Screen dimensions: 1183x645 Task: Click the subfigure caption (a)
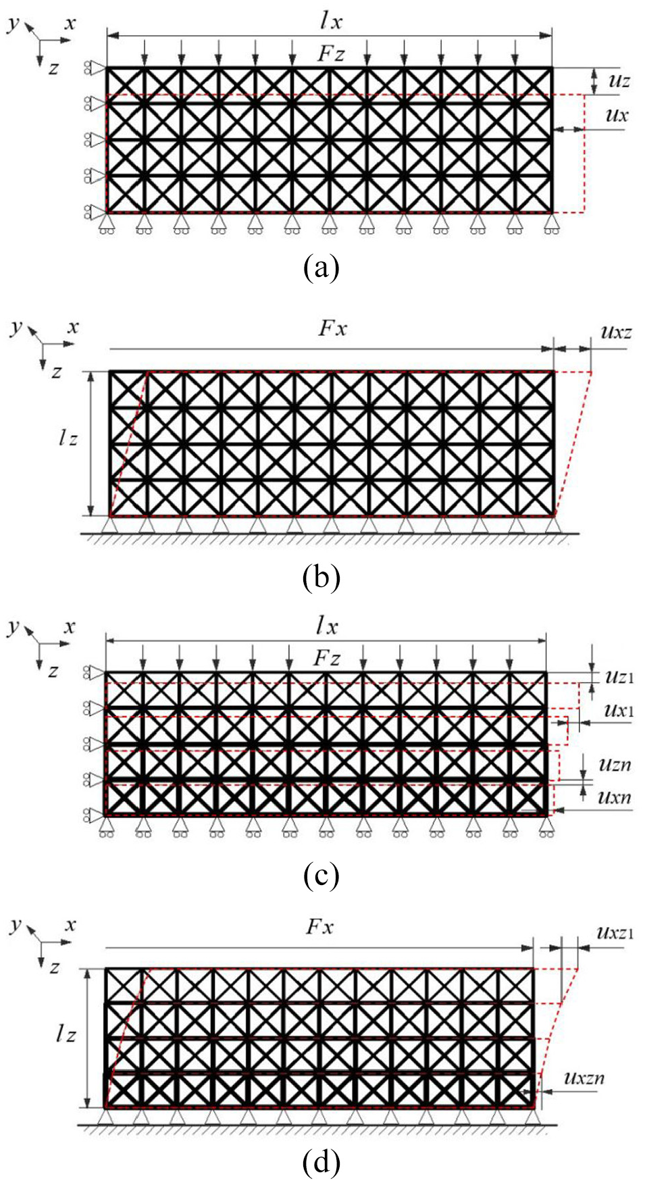point(321,268)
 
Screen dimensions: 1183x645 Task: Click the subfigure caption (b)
point(321,578)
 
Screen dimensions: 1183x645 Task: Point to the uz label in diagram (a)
point(619,81)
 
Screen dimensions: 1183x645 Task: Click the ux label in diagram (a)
point(616,115)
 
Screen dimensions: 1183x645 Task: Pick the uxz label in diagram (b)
point(616,332)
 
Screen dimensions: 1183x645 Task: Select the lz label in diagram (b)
point(68,438)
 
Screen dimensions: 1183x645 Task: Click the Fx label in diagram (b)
point(332,329)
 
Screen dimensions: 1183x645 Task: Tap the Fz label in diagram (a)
point(330,54)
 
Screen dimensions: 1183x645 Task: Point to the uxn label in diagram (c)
point(615,797)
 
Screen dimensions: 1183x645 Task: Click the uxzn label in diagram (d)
point(584,1078)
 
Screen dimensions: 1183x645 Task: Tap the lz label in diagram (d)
point(66,1034)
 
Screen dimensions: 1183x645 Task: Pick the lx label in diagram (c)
point(327,626)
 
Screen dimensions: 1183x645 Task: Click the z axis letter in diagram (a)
point(53,68)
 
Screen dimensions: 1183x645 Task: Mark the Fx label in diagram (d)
point(319,926)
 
